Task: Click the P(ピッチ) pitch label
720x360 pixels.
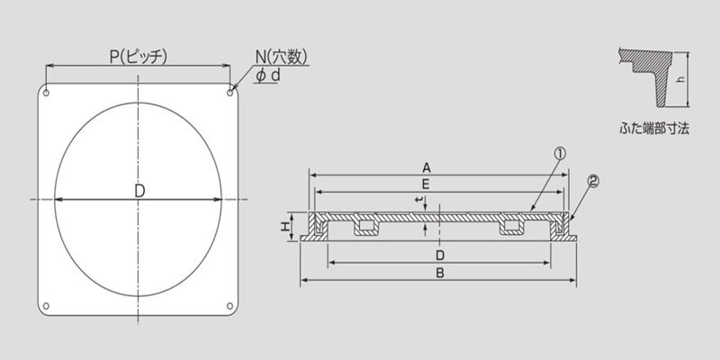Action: (x=139, y=57)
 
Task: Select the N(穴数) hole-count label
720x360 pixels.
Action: (x=282, y=57)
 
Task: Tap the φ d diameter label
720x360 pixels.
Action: (x=268, y=76)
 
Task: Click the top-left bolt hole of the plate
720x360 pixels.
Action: (x=46, y=94)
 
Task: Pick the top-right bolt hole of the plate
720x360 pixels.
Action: (x=230, y=94)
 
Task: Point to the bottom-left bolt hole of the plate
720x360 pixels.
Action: (x=46, y=306)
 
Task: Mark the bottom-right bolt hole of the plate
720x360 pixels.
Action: (x=230, y=306)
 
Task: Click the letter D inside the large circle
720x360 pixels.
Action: (x=139, y=191)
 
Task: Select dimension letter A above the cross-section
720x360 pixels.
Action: (x=427, y=168)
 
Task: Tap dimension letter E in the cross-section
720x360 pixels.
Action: (x=426, y=184)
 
